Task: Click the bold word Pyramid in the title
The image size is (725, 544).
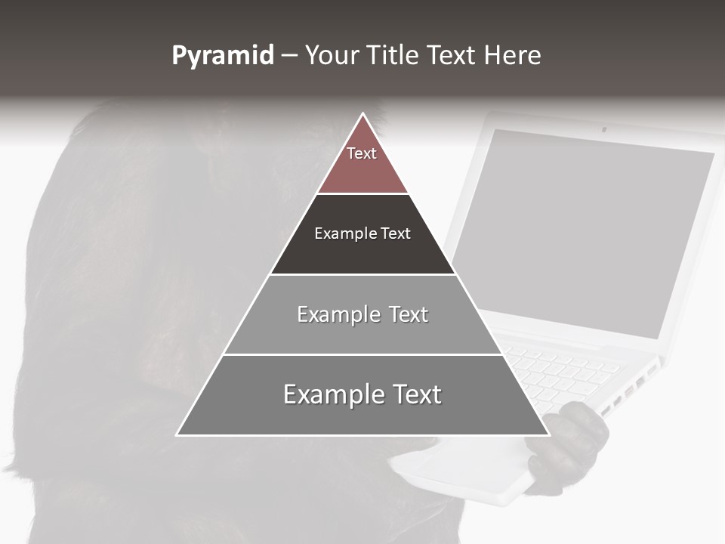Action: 222,56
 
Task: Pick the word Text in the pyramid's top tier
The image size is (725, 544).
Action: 362,153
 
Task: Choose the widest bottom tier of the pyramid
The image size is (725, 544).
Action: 362,416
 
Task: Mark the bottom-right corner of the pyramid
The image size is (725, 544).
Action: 548,434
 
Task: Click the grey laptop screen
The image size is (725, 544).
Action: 589,227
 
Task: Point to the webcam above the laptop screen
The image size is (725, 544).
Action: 604,129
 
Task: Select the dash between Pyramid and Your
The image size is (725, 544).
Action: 289,56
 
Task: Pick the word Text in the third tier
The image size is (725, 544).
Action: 409,314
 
